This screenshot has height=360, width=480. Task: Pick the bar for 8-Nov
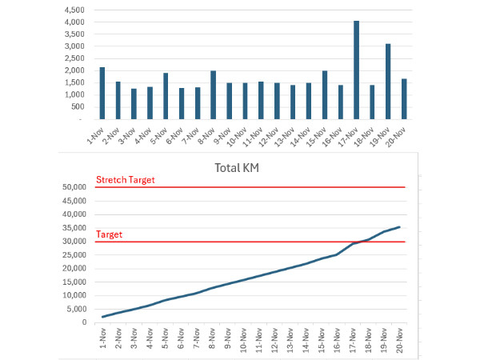pos(213,95)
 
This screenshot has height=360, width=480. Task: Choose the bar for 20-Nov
pos(403,99)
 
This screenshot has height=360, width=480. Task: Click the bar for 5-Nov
pos(166,96)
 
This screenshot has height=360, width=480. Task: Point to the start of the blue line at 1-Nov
pos(102,317)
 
